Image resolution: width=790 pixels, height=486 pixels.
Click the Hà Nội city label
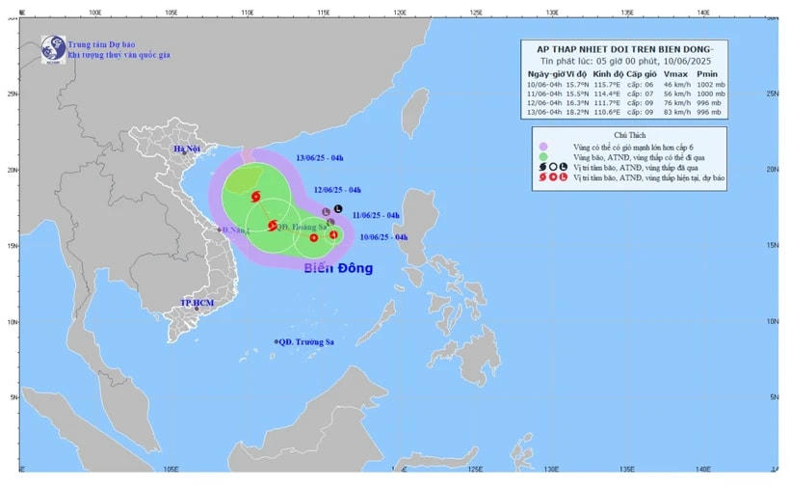pyautogui.click(x=186, y=149)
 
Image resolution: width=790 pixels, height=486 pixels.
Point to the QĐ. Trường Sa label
pyautogui.click(x=306, y=341)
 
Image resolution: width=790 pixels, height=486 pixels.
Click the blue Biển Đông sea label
pyautogui.click(x=338, y=268)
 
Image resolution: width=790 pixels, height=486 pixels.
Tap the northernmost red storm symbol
pyautogui.click(x=255, y=197)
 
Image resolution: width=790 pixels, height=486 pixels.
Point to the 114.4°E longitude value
pyautogui.click(x=610, y=94)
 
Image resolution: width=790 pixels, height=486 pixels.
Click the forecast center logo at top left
pyautogui.click(x=52, y=48)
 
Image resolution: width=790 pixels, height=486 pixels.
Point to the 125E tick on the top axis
pyautogui.click(x=475, y=13)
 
